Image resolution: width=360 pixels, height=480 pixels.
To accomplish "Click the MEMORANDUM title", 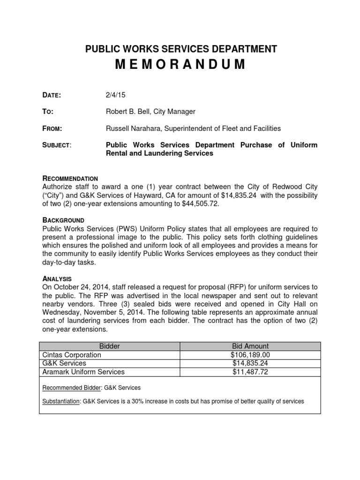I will (180, 64).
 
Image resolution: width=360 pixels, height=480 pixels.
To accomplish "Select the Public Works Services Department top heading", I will (180, 49).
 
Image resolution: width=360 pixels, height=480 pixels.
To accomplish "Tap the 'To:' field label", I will (48, 112).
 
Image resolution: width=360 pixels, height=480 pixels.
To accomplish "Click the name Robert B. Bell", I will (131, 112).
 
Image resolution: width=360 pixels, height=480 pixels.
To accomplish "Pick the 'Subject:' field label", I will (57, 145).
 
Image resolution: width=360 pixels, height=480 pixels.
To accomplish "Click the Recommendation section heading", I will (70, 179).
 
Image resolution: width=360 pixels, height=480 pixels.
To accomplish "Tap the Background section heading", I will (64, 220).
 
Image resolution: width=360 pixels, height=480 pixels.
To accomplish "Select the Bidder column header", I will (110, 346).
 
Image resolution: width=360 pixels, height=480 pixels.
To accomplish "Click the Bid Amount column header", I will (251, 346).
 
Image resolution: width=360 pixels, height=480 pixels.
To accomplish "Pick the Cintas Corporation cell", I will (72, 355).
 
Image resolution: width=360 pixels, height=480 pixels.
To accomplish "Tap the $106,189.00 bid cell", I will (251, 355).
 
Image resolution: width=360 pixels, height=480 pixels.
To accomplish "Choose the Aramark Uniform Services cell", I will (83, 372).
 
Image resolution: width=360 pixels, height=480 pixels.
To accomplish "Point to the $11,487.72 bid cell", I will (251, 372).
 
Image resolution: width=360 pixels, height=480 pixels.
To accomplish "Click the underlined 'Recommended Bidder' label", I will (71, 388).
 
